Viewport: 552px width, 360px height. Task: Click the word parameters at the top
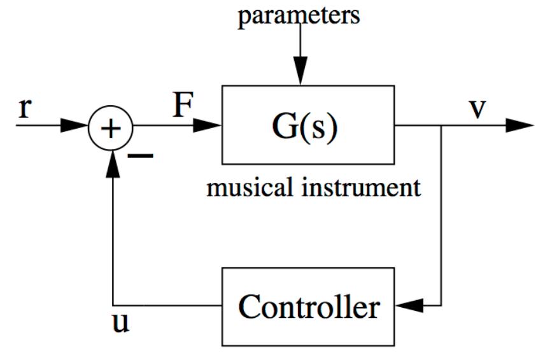[x=299, y=15]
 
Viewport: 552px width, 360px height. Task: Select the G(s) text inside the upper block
[x=308, y=126]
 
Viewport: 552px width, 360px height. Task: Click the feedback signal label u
[x=120, y=323]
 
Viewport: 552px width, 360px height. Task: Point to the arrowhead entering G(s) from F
[x=208, y=126]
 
